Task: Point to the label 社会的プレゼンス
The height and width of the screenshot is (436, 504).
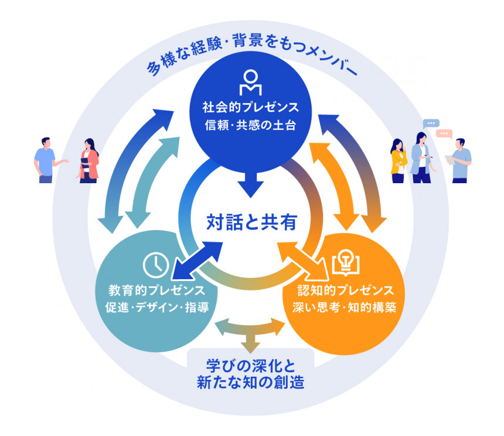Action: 251,108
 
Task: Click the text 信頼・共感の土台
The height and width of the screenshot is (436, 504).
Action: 251,125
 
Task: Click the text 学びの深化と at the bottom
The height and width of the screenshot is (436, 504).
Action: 250,366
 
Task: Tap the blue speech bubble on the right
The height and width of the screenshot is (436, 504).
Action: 431,123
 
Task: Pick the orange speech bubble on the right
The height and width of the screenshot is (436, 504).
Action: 447,133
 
